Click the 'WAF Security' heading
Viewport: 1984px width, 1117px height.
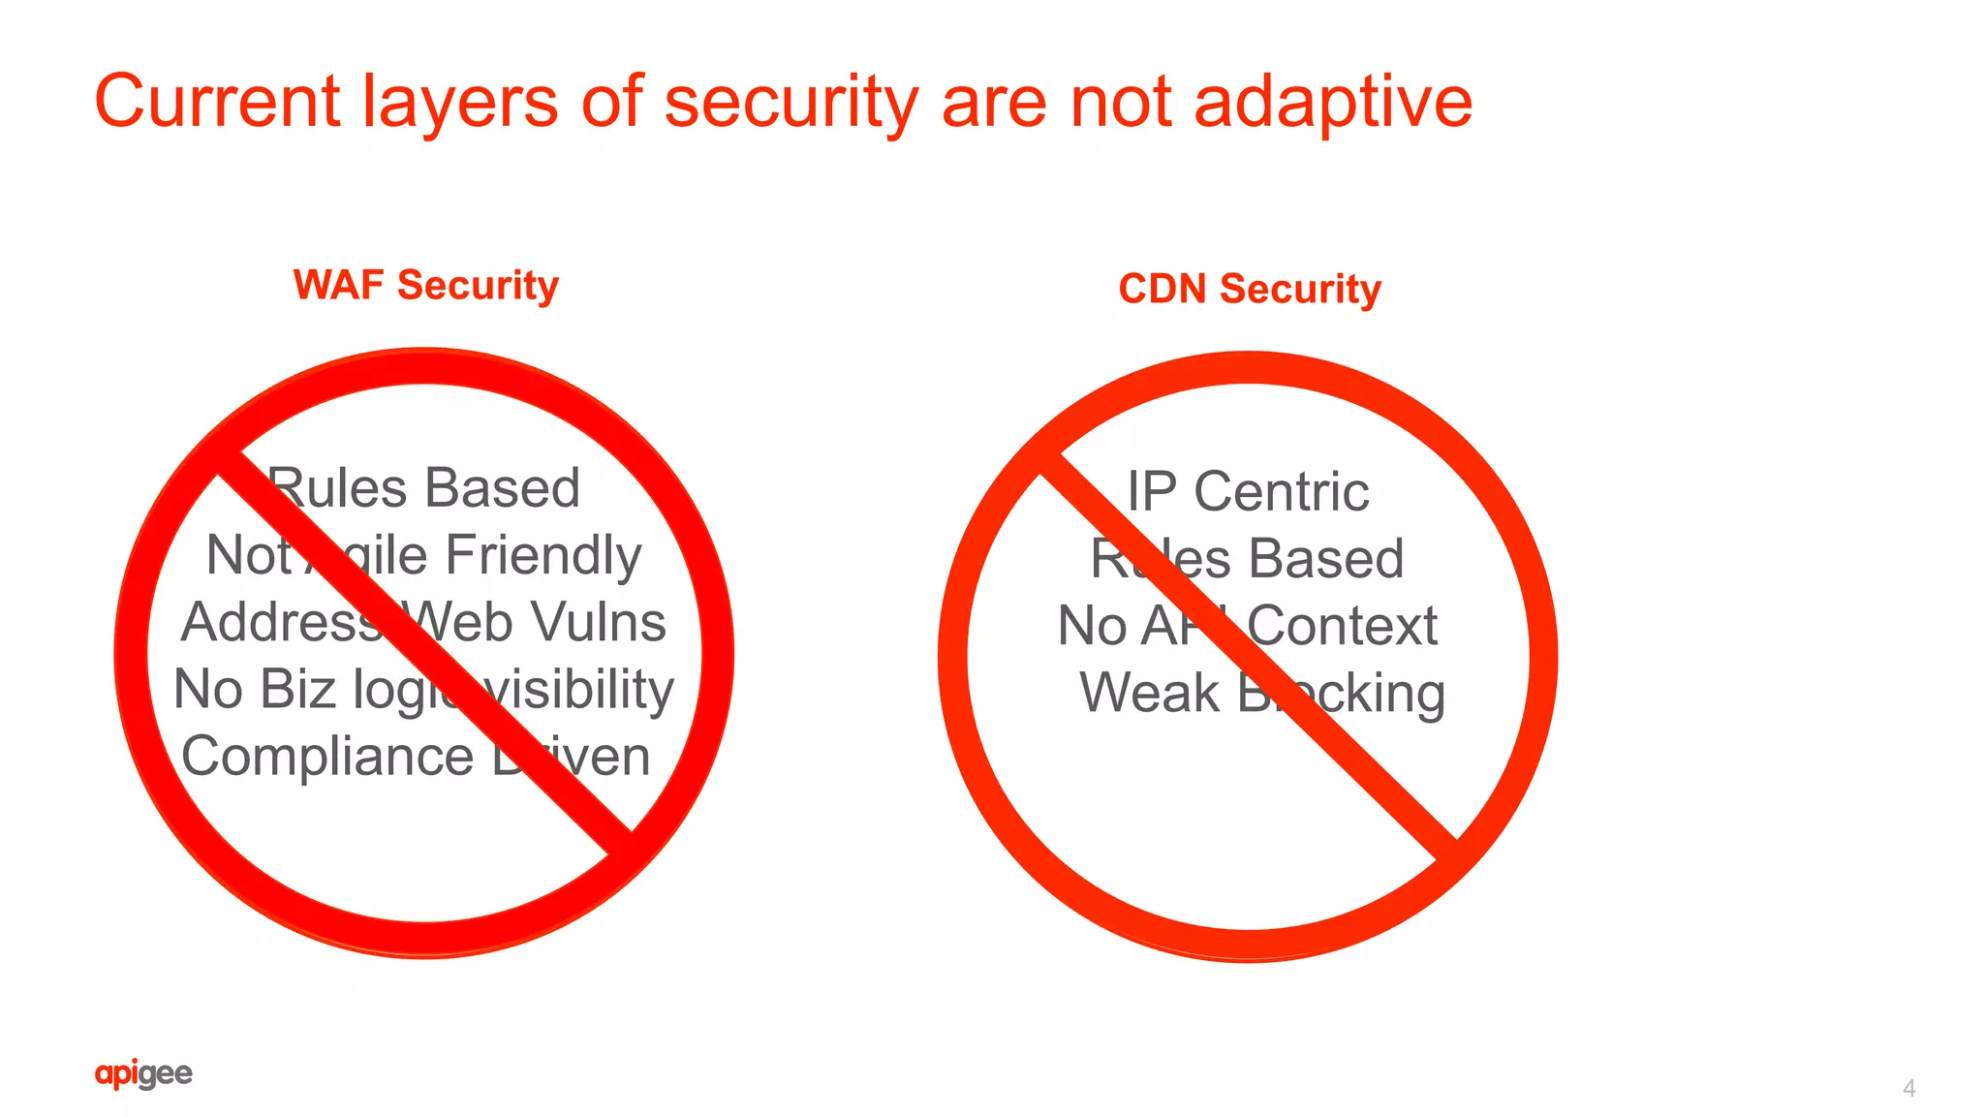click(x=426, y=285)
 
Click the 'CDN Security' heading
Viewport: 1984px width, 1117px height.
click(x=1250, y=289)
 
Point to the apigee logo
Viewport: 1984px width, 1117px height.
click(x=143, y=1073)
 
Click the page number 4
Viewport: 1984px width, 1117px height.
click(x=1908, y=1088)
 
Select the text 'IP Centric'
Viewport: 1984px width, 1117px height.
click(x=1248, y=491)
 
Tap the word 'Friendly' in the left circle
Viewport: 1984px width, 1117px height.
click(x=543, y=556)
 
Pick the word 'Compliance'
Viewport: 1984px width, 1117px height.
click(x=327, y=756)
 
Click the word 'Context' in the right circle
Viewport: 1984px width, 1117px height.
click(x=1342, y=626)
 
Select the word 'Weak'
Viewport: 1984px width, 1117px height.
click(x=1149, y=693)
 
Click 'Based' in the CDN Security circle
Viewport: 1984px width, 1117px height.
click(x=1325, y=559)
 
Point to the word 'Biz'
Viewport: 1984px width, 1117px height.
click(x=297, y=690)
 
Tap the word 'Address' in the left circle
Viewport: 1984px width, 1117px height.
click(x=281, y=622)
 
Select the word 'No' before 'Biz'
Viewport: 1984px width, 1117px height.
click(x=207, y=690)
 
